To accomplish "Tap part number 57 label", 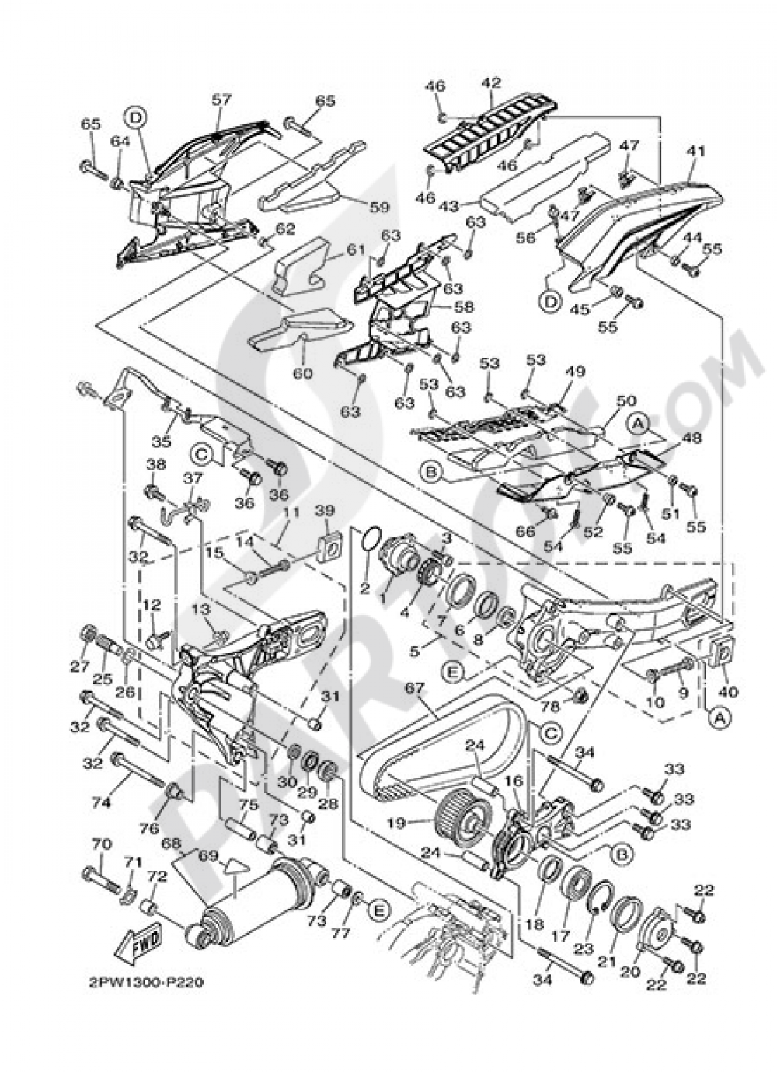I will point(221,100).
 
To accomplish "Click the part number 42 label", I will point(491,82).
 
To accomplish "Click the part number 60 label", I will point(301,373).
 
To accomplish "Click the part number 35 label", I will point(161,442).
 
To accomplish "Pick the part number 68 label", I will point(172,842).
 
